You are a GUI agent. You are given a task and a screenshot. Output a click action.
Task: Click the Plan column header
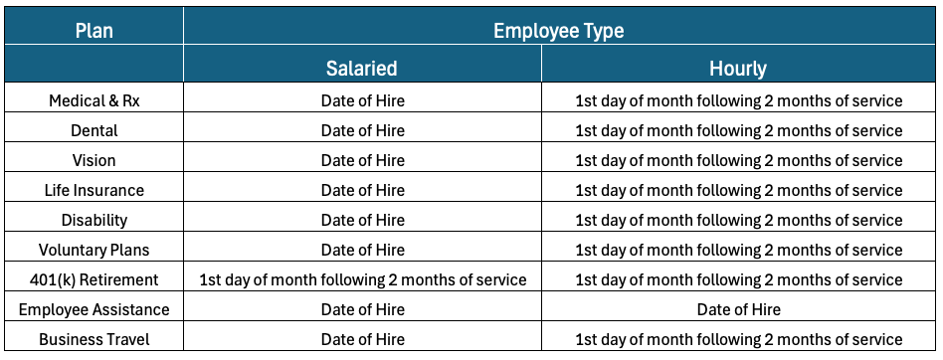coord(94,31)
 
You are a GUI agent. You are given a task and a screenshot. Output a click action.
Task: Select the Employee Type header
coord(559,31)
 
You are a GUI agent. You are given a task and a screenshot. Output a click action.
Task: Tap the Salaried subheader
coord(362,68)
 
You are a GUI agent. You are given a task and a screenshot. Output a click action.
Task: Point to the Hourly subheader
coord(738,69)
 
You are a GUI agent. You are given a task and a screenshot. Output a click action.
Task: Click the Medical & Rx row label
coord(94,100)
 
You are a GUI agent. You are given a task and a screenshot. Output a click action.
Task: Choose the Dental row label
coord(94,130)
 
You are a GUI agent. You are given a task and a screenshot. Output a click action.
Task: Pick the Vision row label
coord(94,160)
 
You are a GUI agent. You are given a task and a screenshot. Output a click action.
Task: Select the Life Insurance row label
coord(94,191)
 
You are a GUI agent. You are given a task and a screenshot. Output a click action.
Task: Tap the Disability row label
coord(94,220)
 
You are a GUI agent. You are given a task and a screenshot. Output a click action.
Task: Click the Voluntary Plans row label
coord(94,250)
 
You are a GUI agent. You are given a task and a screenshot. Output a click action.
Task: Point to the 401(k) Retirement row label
coord(94,279)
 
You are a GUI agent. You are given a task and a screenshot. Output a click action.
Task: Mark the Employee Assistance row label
coord(94,309)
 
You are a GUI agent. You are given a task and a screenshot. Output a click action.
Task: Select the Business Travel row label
coord(94,339)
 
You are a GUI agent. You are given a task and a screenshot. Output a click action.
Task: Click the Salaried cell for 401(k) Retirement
coord(363,279)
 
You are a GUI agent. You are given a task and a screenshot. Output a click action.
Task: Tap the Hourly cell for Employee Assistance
coord(738,309)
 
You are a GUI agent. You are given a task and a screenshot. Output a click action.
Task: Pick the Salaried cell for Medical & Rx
coord(363,100)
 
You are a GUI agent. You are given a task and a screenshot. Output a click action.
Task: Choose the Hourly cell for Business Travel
coord(738,339)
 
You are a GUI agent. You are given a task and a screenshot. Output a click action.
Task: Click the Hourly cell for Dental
coord(738,130)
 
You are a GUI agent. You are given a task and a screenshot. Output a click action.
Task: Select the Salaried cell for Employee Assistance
coord(363,309)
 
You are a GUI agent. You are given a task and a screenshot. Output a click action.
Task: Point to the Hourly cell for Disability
coord(738,220)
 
